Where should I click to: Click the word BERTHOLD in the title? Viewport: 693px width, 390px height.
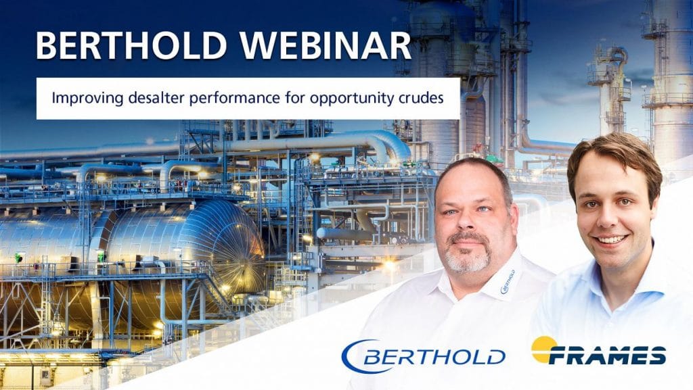click(131, 45)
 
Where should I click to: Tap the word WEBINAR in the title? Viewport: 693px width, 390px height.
click(326, 45)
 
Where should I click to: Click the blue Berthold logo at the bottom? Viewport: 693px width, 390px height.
click(423, 356)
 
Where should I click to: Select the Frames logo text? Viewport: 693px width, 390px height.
click(607, 356)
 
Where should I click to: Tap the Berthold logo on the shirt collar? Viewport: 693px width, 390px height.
click(508, 283)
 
